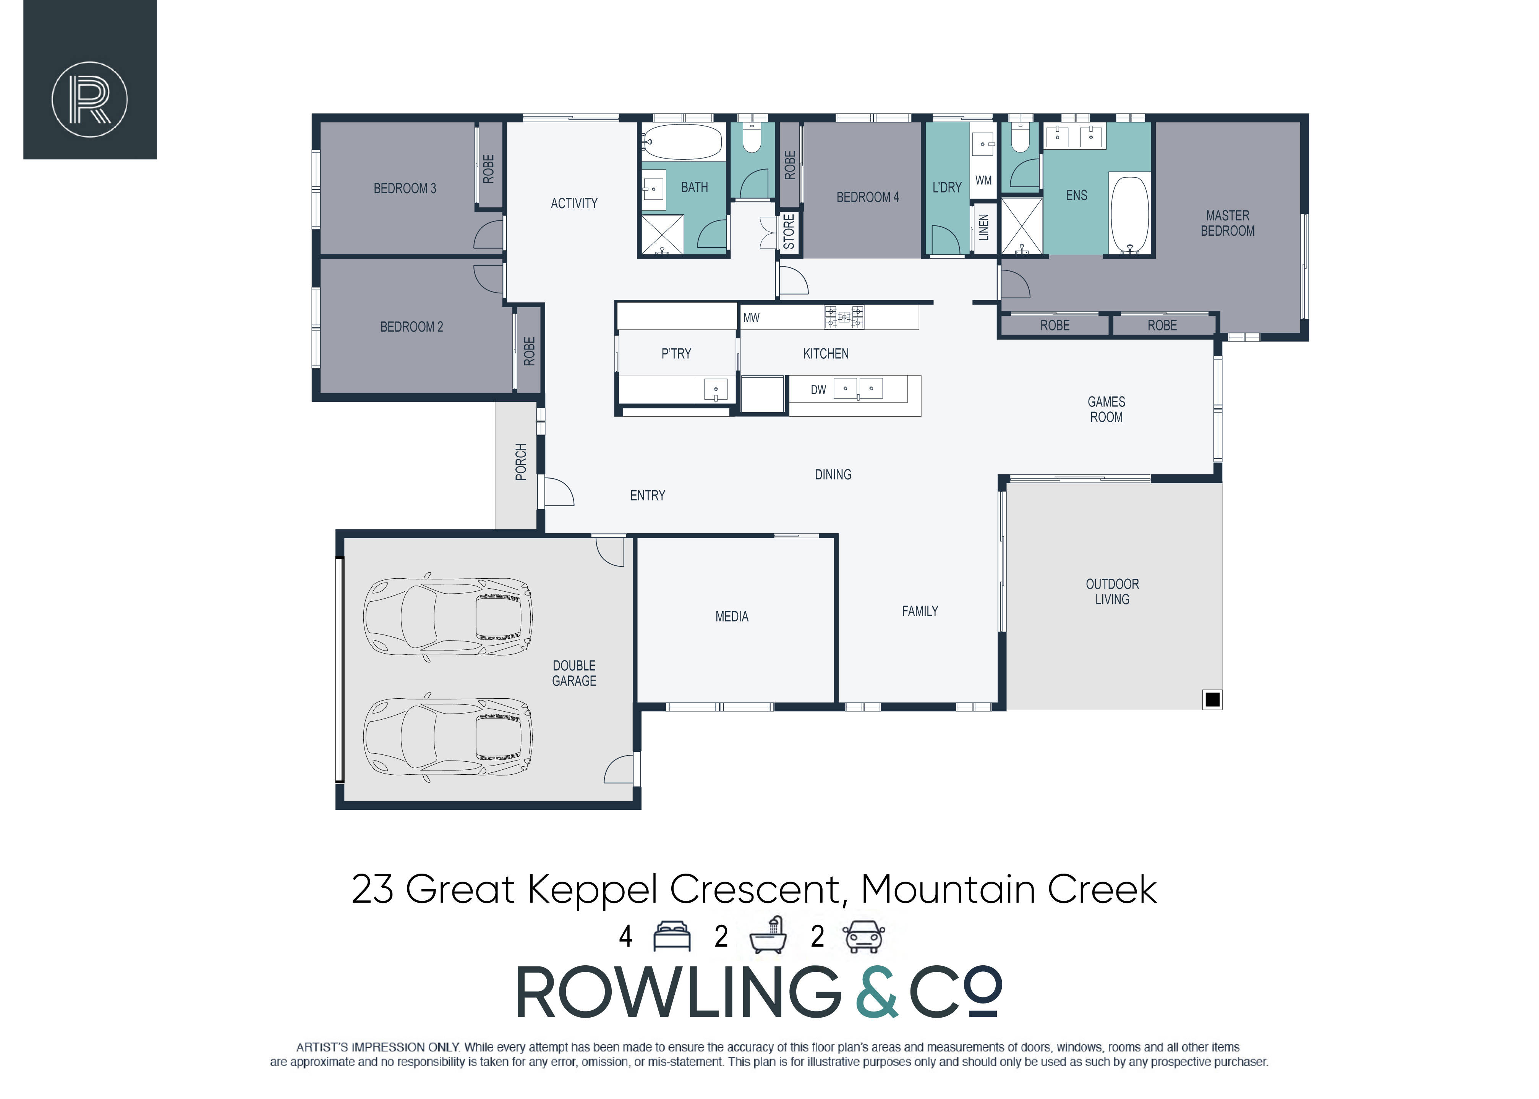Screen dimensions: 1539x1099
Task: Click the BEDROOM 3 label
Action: (405, 188)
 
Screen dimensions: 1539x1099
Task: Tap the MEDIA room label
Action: (732, 617)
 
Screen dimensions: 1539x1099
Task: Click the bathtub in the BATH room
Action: (683, 141)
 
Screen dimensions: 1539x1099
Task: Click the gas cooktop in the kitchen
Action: (843, 317)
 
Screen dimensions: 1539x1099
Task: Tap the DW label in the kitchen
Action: (818, 390)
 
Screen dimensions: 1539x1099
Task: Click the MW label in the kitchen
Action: (751, 317)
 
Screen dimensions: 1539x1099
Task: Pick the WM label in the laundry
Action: (983, 180)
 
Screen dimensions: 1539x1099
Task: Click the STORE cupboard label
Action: (789, 231)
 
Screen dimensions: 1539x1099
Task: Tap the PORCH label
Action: (520, 461)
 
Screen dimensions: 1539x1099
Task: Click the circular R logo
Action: (90, 99)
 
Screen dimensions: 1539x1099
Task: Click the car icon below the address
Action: (863, 937)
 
